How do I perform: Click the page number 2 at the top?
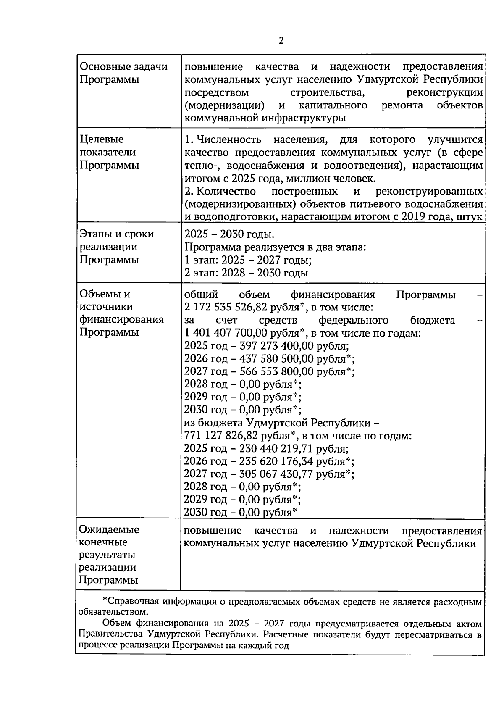click(x=281, y=40)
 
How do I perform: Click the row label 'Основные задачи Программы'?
click(x=123, y=73)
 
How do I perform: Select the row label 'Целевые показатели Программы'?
click(x=109, y=152)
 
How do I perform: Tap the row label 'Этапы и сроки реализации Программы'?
click(x=117, y=247)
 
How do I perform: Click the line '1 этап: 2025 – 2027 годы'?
click(x=248, y=260)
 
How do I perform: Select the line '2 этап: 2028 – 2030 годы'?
click(x=246, y=273)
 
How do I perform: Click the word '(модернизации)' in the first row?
click(x=224, y=105)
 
